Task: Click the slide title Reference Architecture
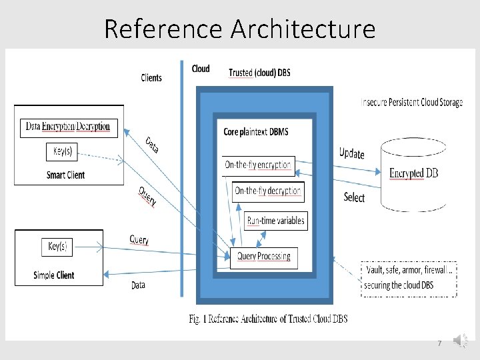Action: pyautogui.click(x=240, y=29)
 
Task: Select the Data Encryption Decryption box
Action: pyautogui.click(x=67, y=127)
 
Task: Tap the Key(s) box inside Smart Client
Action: pyautogui.click(x=65, y=151)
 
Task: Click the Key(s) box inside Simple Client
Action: pyautogui.click(x=57, y=246)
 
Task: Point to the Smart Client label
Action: pyautogui.click(x=65, y=175)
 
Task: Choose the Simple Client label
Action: pyautogui.click(x=54, y=275)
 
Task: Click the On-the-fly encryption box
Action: pyautogui.click(x=258, y=165)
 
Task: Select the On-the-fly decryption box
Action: pyautogui.click(x=268, y=191)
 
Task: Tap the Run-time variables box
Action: pyautogui.click(x=276, y=221)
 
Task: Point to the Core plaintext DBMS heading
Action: pyautogui.click(x=256, y=132)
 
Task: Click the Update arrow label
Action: pyautogui.click(x=351, y=153)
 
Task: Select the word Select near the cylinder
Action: pyautogui.click(x=354, y=197)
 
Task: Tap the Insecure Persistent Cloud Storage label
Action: pyautogui.click(x=412, y=102)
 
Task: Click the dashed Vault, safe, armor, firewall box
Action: pyautogui.click(x=409, y=277)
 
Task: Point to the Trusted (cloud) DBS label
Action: pyautogui.click(x=259, y=72)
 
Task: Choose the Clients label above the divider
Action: pyautogui.click(x=151, y=78)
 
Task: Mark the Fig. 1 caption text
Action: pyautogui.click(x=267, y=318)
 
